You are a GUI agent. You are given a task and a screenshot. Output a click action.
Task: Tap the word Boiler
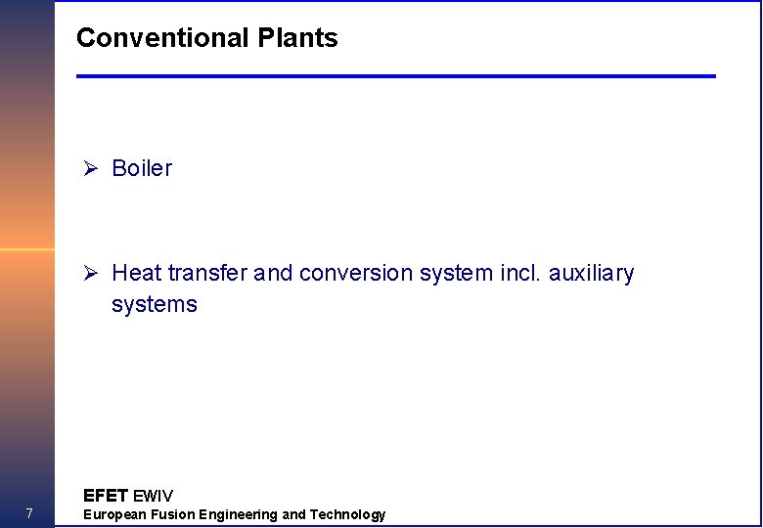[x=142, y=168]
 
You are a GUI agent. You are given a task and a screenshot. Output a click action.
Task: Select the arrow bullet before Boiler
[x=90, y=168]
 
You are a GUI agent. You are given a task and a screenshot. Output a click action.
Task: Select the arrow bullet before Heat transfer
[x=90, y=273]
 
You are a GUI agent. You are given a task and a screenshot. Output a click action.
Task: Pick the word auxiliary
[x=591, y=273]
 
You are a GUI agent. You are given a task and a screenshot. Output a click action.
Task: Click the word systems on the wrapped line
[x=155, y=304]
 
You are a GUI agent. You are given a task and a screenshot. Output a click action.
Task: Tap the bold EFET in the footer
[x=106, y=495]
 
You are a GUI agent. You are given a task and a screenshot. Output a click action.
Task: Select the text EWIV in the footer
[x=153, y=495]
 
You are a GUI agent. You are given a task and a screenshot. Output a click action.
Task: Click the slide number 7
[x=29, y=514]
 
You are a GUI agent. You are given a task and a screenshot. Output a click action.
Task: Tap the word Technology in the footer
[x=347, y=514]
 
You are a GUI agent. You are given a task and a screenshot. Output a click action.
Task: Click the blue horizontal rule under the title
[x=396, y=76]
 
